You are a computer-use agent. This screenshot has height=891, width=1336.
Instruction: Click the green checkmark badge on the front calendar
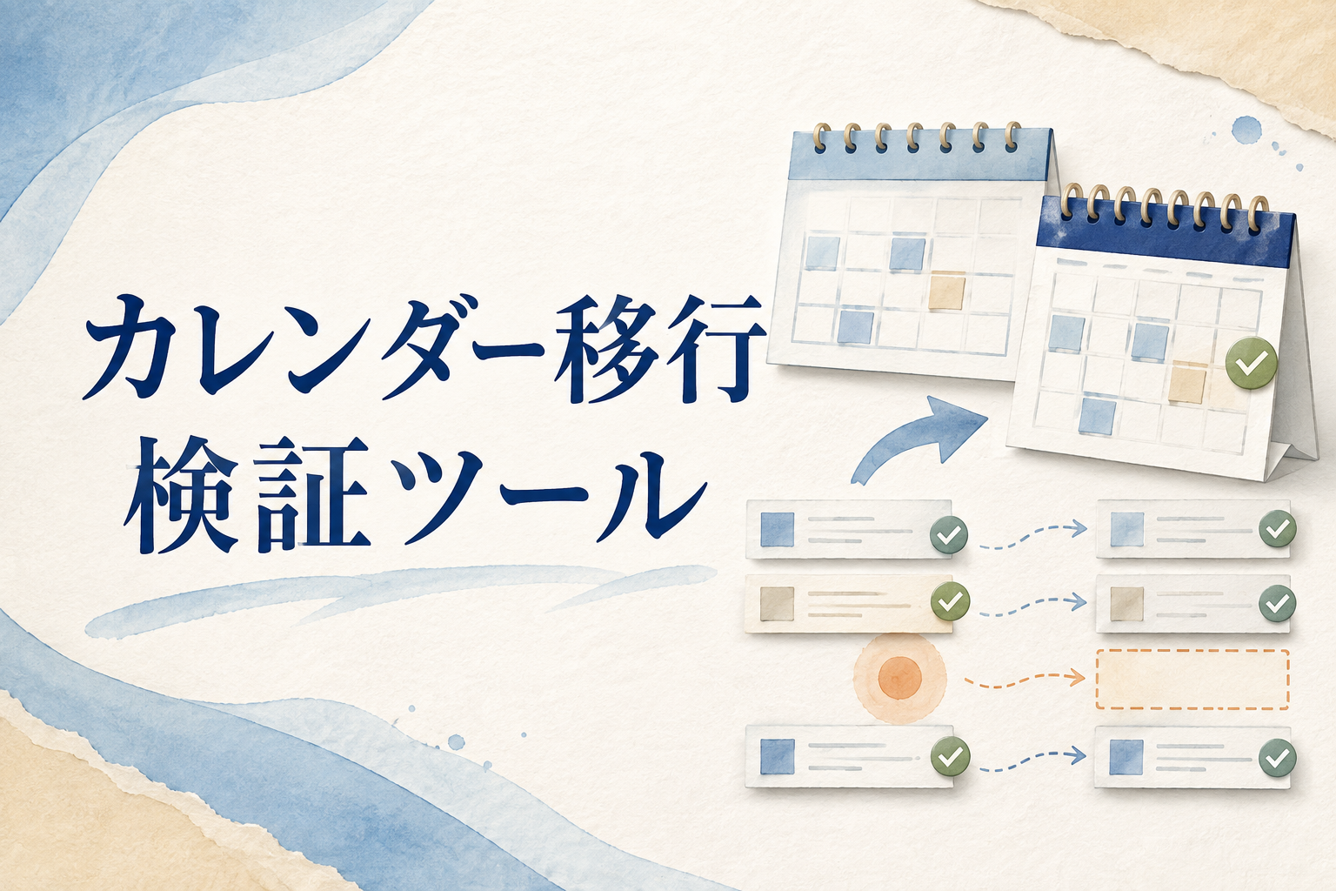click(x=1252, y=364)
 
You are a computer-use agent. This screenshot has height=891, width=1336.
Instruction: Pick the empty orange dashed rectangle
click(x=1192, y=680)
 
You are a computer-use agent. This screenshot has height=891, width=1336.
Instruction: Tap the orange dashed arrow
click(x=1024, y=679)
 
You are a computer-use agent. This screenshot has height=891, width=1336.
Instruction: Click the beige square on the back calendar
click(x=947, y=291)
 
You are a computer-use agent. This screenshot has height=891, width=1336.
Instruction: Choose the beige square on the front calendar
click(x=1187, y=382)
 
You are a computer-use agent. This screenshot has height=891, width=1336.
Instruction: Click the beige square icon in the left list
click(x=777, y=603)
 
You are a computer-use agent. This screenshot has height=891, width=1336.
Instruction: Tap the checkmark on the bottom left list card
click(x=950, y=755)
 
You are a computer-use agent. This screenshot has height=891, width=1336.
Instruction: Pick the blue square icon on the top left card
click(x=778, y=529)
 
